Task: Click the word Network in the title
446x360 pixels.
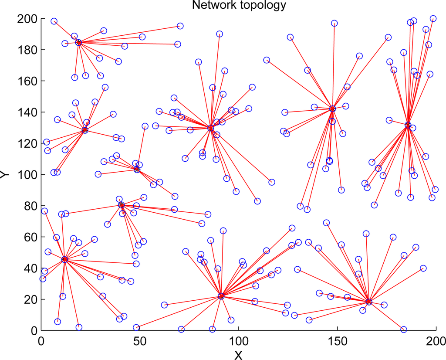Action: (x=212, y=5)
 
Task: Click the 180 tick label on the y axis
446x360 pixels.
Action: (x=27, y=50)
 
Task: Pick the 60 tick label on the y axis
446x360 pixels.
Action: (x=30, y=237)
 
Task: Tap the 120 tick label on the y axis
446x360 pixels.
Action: (x=27, y=144)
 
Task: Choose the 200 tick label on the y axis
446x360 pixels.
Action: (x=27, y=19)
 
